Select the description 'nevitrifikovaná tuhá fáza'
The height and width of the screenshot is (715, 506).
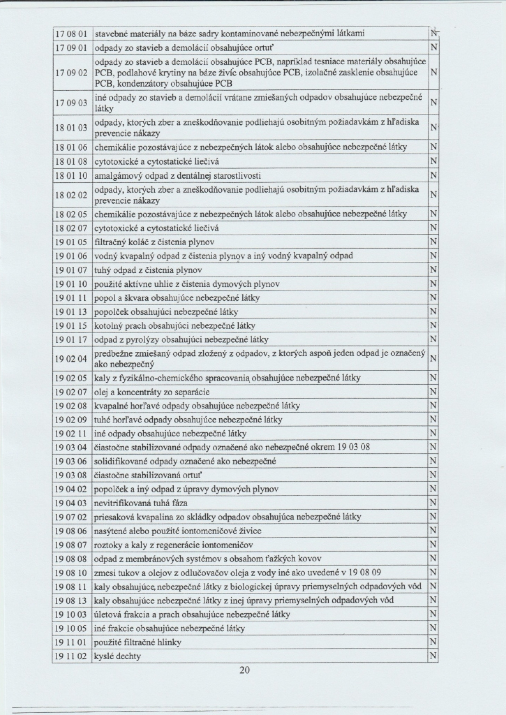(141, 503)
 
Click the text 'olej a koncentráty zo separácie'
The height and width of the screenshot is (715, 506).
(152, 392)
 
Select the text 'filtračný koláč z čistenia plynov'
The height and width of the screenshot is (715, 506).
(154, 242)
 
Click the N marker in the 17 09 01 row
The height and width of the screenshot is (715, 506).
(433, 48)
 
